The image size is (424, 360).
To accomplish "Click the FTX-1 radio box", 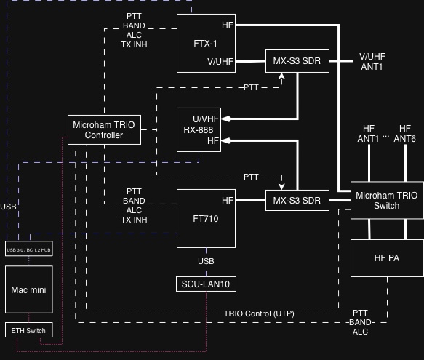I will [206, 42].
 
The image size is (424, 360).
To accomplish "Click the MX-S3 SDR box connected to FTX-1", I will [297, 59].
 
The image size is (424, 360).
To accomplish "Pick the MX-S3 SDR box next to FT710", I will [297, 200].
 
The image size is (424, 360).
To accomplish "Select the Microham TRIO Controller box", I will [103, 129].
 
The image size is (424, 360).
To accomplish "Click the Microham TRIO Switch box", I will [386, 200].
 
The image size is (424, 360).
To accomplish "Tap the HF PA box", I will [386, 258].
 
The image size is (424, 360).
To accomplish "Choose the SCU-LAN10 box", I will [206, 284].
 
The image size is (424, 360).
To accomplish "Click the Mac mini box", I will [28, 289].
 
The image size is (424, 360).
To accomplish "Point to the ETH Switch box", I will [28, 330].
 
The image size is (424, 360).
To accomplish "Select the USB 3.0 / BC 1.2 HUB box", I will [28, 249].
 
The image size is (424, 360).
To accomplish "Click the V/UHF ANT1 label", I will [372, 61].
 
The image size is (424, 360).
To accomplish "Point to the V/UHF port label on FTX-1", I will [220, 61].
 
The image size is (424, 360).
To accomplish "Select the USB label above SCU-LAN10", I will [206, 260].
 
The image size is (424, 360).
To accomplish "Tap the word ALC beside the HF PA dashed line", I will [360, 331].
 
